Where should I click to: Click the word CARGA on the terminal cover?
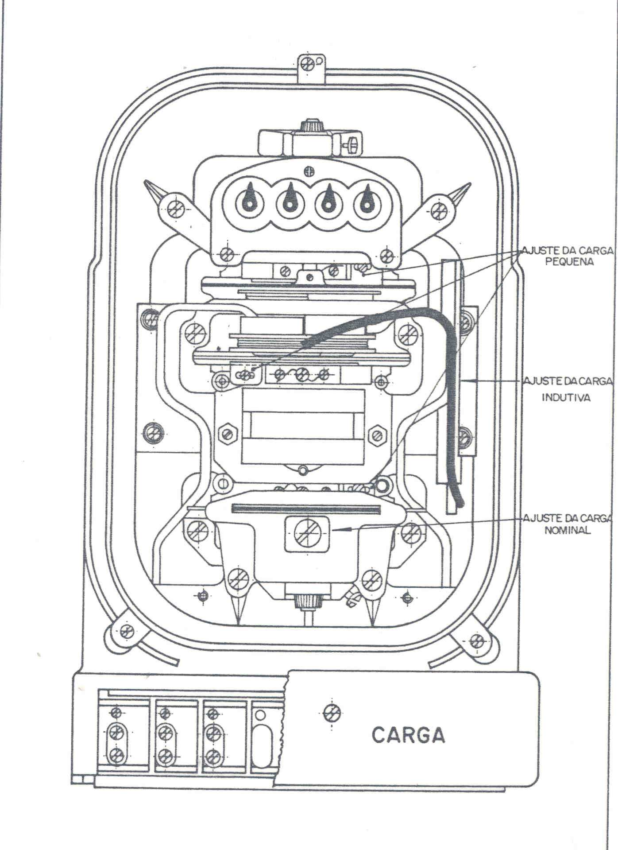[x=408, y=735]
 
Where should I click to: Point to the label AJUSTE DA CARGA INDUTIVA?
[x=568, y=388]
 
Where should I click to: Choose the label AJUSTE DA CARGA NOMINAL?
[x=568, y=524]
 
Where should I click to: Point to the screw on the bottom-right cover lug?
[x=476, y=640]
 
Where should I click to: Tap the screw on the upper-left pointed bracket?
[x=176, y=207]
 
